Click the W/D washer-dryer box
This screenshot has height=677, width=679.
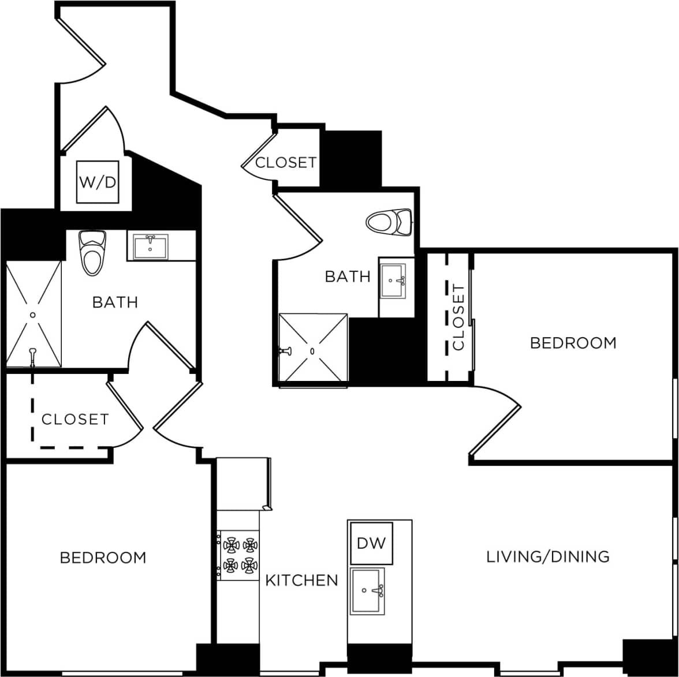[97, 182]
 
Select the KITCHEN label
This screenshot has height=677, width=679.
[301, 580]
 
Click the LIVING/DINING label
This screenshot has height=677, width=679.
[547, 556]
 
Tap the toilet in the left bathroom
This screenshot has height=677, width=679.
[92, 252]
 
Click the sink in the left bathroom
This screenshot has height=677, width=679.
[150, 247]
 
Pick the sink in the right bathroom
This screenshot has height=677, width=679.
[393, 281]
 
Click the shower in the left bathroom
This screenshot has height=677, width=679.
[33, 313]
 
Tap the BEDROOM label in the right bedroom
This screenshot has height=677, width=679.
[573, 343]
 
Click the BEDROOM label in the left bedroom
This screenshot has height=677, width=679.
[103, 558]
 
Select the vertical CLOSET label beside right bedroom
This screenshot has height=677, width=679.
[458, 317]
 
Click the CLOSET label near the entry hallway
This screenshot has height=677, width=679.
[286, 163]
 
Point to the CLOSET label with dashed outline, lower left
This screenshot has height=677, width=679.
[74, 419]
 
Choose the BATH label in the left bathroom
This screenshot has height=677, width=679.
[115, 302]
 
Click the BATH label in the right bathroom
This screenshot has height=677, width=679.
[348, 276]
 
